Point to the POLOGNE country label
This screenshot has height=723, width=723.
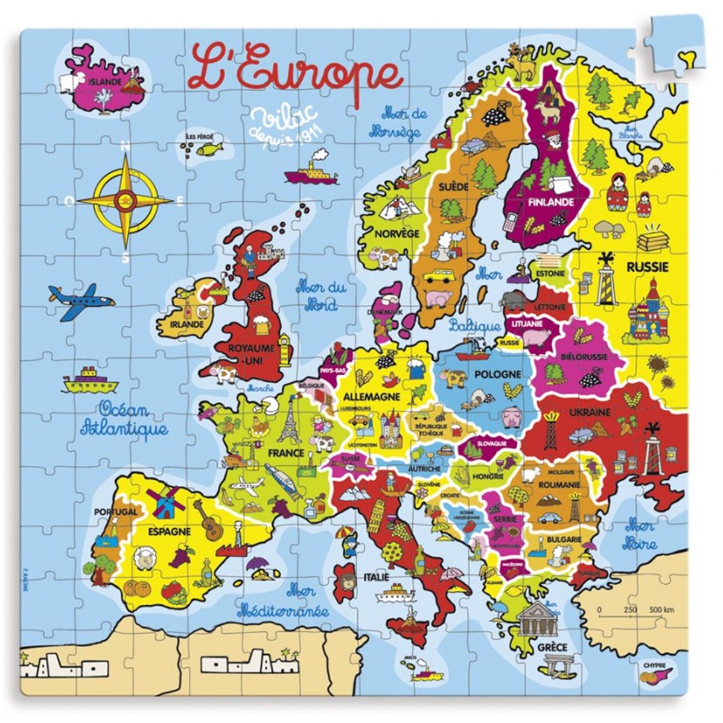[497, 374]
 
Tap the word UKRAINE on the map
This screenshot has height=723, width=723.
[589, 413]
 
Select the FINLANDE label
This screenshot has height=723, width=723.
[550, 202]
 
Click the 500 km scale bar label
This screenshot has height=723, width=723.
[661, 610]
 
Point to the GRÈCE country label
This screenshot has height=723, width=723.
[552, 648]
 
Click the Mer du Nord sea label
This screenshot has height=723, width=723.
[320, 295]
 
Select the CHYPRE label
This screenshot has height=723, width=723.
[654, 666]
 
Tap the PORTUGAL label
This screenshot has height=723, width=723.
[115, 512]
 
